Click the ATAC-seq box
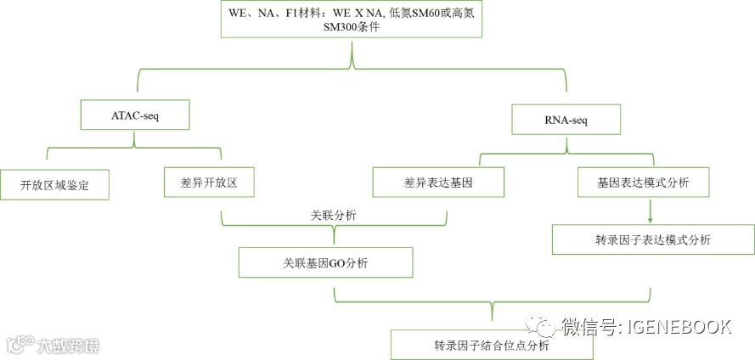(134, 115)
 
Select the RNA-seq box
(566, 120)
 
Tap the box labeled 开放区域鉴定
(54, 184)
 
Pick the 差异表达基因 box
(439, 182)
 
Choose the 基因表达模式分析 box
(643, 182)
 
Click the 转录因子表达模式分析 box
(652, 239)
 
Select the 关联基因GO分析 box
(326, 262)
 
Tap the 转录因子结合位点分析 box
(492, 345)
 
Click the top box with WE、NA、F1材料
(352, 20)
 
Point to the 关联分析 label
(333, 216)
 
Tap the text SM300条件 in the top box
(352, 27)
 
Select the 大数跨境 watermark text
(68, 346)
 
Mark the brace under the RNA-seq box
(566, 155)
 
